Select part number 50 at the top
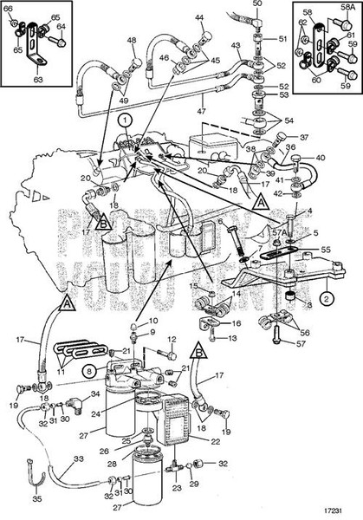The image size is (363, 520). pyautogui.click(x=257, y=4)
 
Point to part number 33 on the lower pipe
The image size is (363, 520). pyautogui.click(x=78, y=459)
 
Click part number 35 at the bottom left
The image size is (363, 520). pyautogui.click(x=36, y=499)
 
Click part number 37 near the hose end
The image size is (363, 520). pyautogui.click(x=304, y=136)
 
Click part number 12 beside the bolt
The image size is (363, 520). pyautogui.click(x=172, y=339)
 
